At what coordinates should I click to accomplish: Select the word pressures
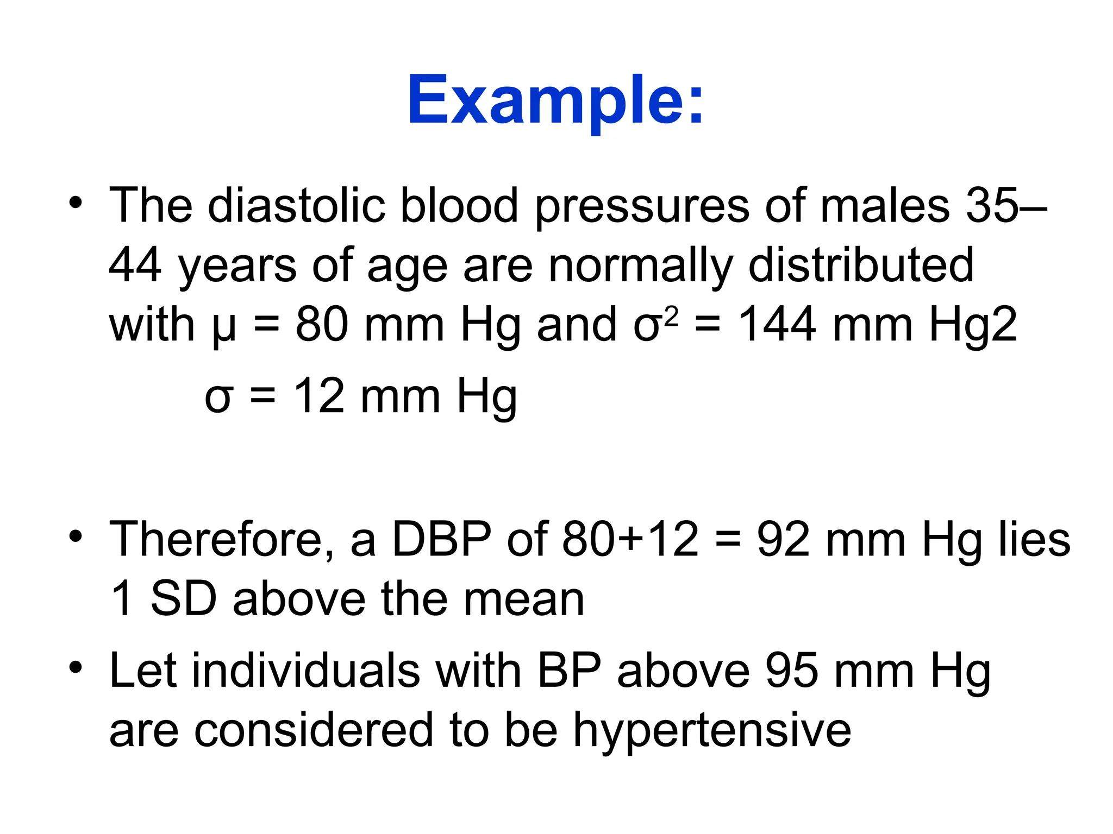coord(642,206)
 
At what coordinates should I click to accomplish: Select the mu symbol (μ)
coord(224,326)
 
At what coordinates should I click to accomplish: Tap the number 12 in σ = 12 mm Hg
coord(319,396)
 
